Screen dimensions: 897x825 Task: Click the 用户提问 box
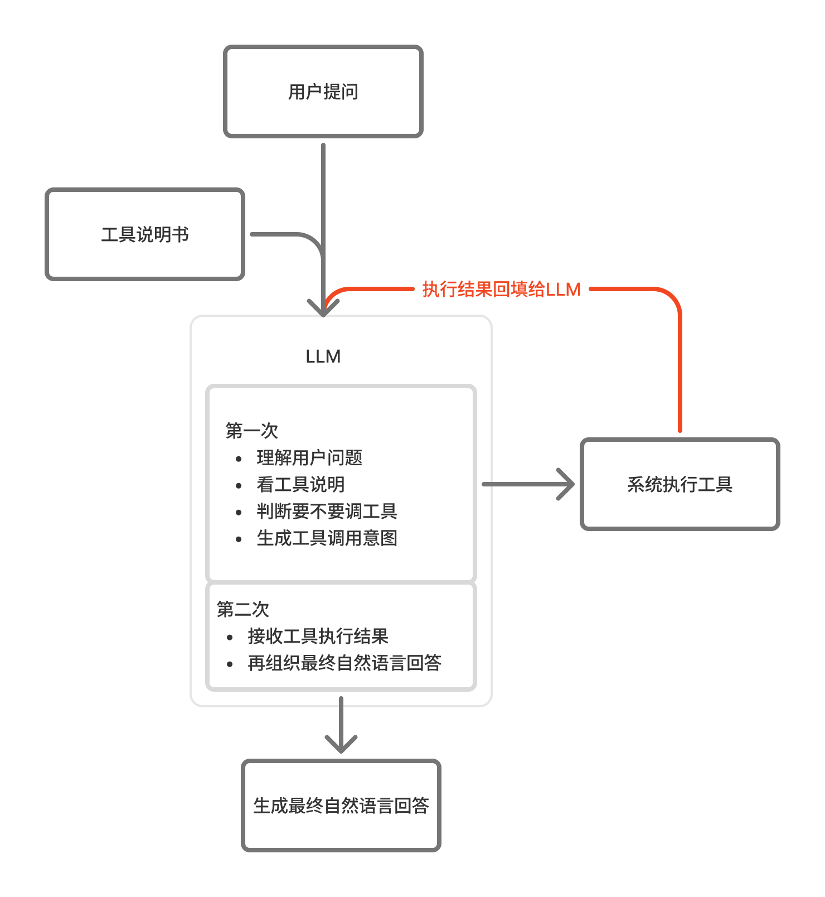click(x=323, y=91)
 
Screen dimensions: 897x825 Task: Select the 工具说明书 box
click(x=145, y=234)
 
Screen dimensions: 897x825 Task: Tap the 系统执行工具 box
click(x=680, y=484)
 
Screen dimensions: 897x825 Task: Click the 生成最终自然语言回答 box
click(x=341, y=806)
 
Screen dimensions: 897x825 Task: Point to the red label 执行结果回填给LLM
click(x=501, y=289)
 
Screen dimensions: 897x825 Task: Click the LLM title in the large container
click(x=323, y=356)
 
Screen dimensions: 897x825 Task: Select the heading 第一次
click(x=251, y=431)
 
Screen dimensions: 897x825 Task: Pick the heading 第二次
click(x=242, y=609)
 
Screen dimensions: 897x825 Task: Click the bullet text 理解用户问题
click(x=309, y=457)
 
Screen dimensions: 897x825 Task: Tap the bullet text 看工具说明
click(x=300, y=484)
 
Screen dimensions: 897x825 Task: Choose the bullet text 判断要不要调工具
click(x=327, y=511)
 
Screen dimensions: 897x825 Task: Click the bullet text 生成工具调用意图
click(x=327, y=538)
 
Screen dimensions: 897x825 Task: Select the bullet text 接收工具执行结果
click(x=318, y=636)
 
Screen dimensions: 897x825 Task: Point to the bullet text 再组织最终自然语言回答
click(x=344, y=663)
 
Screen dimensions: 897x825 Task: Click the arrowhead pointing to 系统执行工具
click(x=567, y=484)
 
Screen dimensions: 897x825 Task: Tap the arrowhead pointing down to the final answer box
click(x=341, y=745)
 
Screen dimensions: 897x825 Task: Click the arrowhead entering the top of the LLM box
click(x=323, y=308)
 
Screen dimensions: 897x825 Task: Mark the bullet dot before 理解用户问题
click(x=239, y=459)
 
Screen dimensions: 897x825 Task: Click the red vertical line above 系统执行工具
click(x=680, y=379)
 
